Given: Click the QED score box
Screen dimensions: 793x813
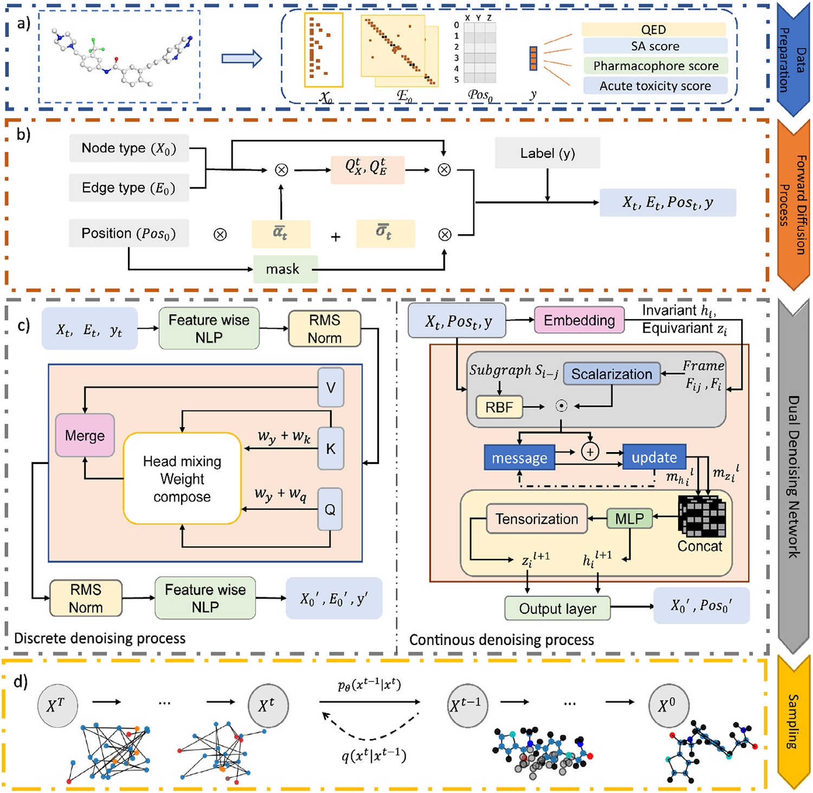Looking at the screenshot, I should (x=654, y=30).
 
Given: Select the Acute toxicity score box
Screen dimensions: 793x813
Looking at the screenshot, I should (x=655, y=86).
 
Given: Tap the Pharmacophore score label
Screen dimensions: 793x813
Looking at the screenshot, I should (x=655, y=66).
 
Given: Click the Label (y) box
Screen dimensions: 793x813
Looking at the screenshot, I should (x=547, y=153).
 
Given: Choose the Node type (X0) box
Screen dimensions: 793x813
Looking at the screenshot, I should (x=129, y=148).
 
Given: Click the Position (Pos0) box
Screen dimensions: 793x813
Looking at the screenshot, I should (x=129, y=234).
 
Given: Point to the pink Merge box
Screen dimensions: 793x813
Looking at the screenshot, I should (x=85, y=435).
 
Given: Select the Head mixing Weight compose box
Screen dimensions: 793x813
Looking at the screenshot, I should (x=182, y=479).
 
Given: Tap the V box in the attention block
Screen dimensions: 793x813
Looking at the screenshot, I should (x=331, y=387).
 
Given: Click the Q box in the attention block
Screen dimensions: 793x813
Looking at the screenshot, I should (x=330, y=509).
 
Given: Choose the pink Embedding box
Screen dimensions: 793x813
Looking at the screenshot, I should (x=579, y=320).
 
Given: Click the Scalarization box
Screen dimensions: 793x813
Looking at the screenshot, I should (x=611, y=374).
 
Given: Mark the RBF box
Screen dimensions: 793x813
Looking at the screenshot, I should (x=499, y=407).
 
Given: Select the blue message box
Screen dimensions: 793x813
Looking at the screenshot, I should (x=519, y=458).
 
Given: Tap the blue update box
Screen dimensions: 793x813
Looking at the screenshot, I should (x=654, y=457).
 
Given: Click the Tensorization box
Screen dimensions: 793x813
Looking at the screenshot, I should (x=537, y=519).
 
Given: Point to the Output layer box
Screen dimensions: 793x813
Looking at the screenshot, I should (x=557, y=609).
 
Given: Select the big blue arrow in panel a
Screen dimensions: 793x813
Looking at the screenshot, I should (x=242, y=58).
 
